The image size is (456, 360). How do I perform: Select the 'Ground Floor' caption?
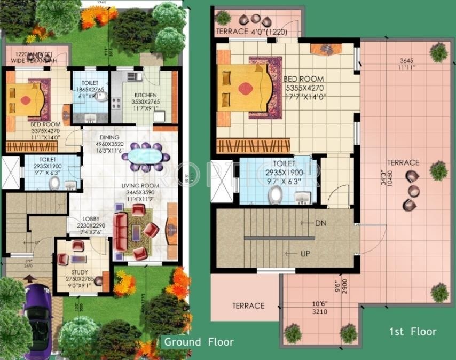(x=199, y=342)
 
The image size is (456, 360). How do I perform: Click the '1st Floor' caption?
(x=412, y=332)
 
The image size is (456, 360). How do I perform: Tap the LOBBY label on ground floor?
(x=91, y=219)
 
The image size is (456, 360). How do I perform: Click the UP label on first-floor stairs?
(x=304, y=254)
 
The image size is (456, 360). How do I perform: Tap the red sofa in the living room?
(x=121, y=231)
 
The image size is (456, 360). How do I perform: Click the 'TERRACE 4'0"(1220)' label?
(x=251, y=32)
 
